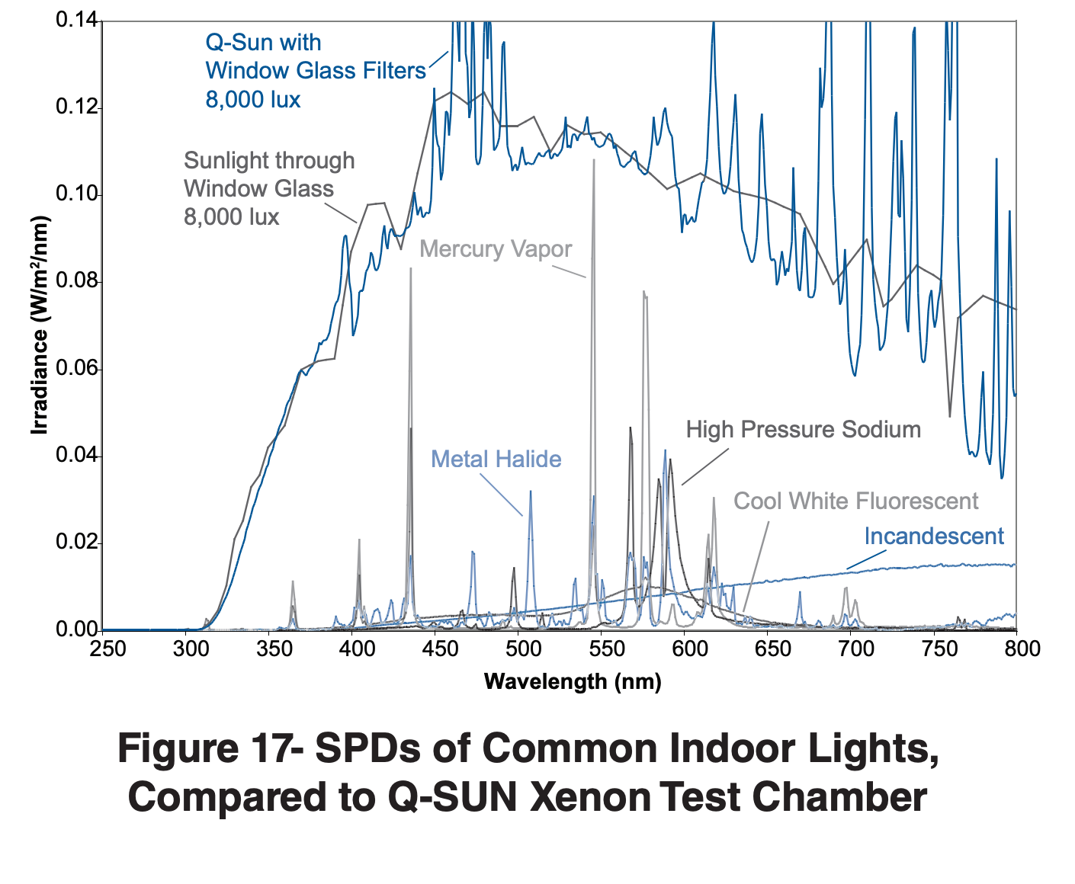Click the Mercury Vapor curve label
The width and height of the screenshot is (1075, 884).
(x=496, y=249)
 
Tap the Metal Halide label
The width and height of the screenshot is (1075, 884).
(x=496, y=460)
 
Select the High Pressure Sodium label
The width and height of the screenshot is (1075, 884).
(x=803, y=430)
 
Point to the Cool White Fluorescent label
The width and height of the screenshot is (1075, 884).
(x=855, y=501)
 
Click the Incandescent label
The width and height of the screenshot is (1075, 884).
(x=934, y=536)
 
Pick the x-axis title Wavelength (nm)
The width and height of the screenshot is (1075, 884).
(x=573, y=681)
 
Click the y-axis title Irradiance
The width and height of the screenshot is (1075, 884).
(x=39, y=325)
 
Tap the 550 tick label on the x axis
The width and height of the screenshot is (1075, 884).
(x=602, y=649)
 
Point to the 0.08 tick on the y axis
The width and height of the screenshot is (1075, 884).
(x=77, y=282)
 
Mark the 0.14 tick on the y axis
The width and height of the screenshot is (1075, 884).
(x=77, y=21)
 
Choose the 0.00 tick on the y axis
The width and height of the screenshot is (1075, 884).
(x=77, y=629)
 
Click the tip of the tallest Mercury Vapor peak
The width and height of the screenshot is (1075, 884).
(x=593, y=160)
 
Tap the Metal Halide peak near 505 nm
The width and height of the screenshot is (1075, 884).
(x=531, y=492)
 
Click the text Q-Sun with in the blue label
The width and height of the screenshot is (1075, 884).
(x=263, y=43)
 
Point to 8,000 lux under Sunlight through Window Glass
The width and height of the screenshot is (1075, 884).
(x=232, y=217)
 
